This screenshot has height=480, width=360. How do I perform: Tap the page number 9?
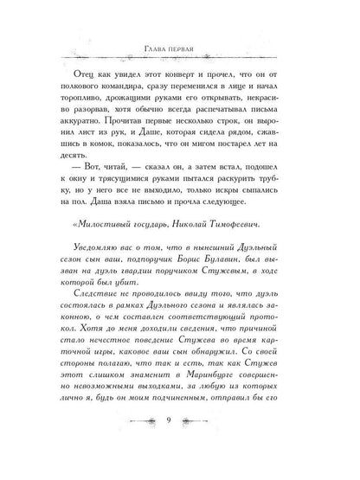pos(180,445)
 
